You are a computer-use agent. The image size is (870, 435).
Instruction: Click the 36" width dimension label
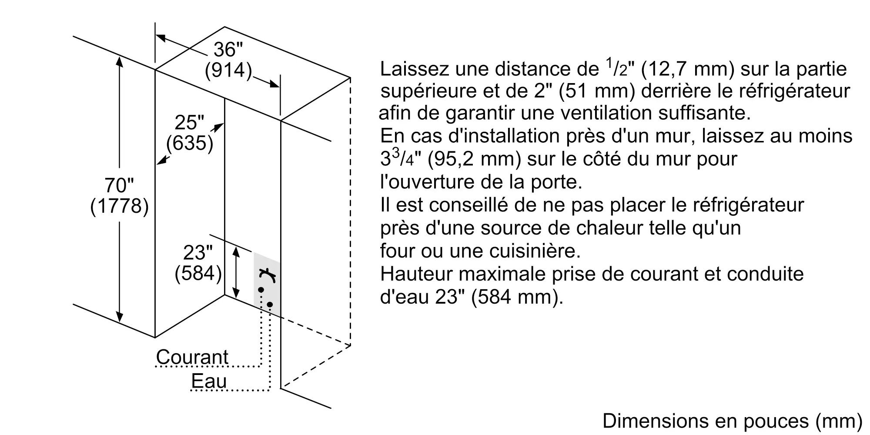point(228,50)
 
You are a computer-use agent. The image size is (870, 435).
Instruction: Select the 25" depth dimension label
point(189,123)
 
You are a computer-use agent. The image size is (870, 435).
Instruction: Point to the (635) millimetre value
point(190,143)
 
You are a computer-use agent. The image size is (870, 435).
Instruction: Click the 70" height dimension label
point(119,186)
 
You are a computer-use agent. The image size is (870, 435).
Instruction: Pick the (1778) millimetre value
point(119,206)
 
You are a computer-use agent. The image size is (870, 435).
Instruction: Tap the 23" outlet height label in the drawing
point(198,253)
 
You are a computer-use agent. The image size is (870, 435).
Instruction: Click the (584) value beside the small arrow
point(198,273)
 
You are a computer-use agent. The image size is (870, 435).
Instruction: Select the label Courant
point(192,357)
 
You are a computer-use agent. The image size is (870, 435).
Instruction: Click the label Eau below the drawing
point(209,381)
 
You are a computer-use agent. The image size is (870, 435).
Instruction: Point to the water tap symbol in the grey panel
point(268,275)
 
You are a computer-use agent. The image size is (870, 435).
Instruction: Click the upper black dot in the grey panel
point(261,289)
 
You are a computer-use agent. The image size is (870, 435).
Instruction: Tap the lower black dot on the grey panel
point(270,304)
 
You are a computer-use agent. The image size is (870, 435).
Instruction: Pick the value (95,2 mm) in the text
point(474,159)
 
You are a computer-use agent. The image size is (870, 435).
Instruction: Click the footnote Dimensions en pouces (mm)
point(732,421)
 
